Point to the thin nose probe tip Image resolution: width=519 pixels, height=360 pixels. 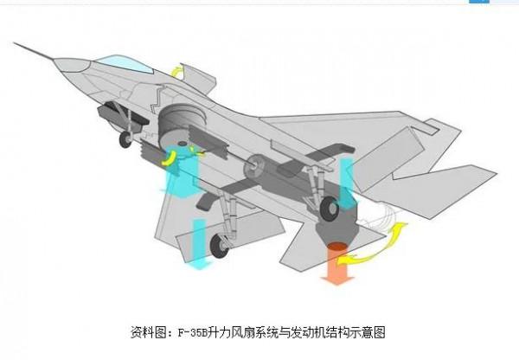[19, 42]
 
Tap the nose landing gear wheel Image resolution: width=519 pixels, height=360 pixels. [126, 138]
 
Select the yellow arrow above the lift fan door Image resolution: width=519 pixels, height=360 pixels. [176, 70]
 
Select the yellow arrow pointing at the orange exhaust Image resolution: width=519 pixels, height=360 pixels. [363, 256]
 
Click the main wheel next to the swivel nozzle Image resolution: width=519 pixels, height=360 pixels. [330, 209]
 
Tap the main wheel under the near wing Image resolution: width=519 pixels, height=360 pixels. [220, 247]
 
